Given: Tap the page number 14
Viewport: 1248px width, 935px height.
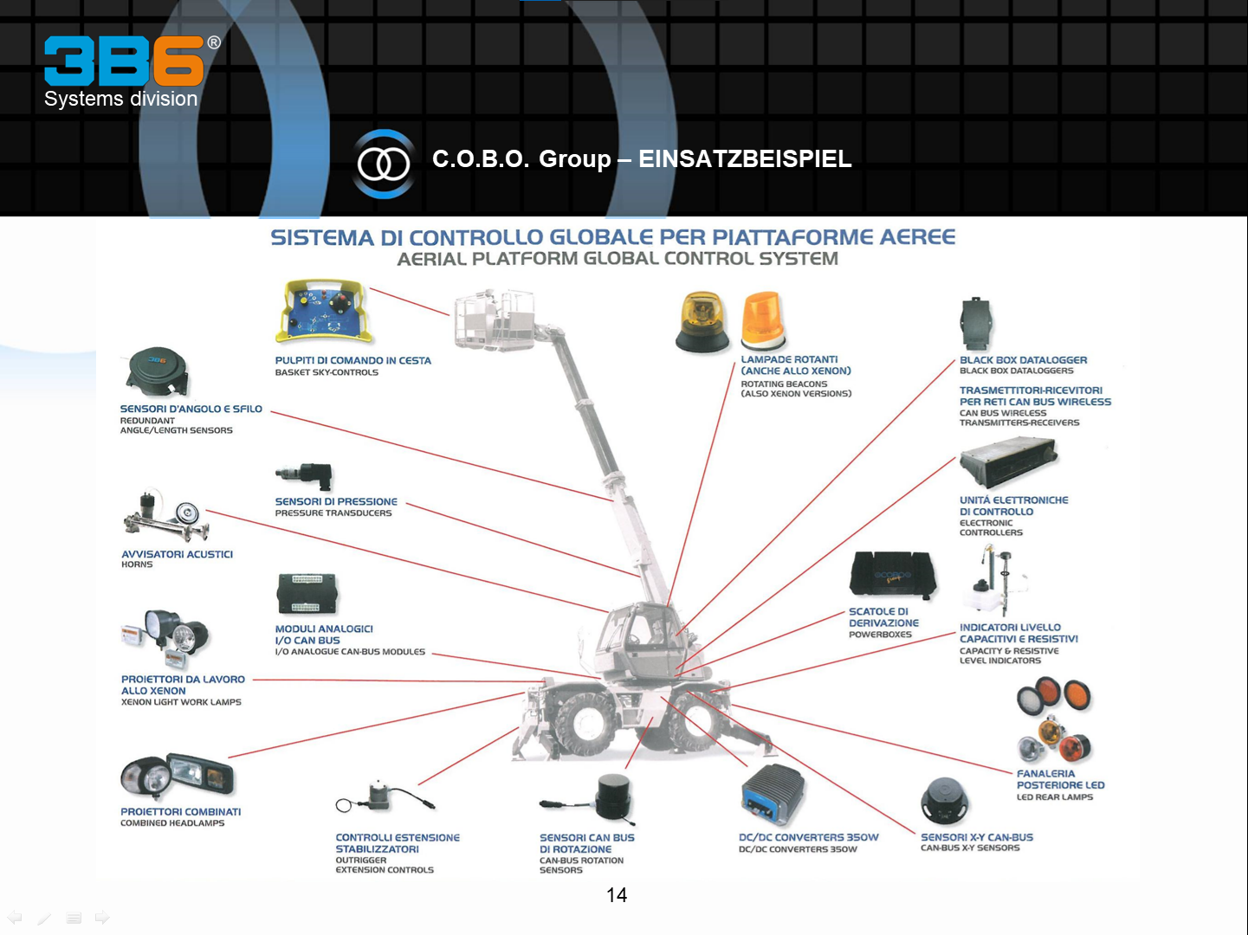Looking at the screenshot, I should [617, 895].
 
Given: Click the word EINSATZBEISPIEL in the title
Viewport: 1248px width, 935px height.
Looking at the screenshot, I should [745, 159].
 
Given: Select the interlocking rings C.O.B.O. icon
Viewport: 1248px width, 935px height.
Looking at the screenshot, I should [384, 164].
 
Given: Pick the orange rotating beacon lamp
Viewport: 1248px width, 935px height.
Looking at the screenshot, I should [763, 322].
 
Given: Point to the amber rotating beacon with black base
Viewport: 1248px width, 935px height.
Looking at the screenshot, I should [703, 323].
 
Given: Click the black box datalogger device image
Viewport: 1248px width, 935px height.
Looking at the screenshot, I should [976, 325].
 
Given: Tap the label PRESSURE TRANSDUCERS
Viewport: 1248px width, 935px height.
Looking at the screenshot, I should [333, 513].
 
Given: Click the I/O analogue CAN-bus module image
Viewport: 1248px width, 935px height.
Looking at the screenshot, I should [307, 594].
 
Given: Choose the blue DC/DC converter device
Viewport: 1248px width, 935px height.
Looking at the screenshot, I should [773, 795].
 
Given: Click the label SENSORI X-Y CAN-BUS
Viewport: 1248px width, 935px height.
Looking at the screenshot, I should [976, 837].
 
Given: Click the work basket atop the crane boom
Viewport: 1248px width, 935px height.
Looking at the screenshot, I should [495, 319].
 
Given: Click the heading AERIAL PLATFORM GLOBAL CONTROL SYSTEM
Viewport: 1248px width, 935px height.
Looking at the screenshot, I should [618, 259].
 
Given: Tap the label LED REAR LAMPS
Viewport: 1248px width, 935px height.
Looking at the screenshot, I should [1054, 797].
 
